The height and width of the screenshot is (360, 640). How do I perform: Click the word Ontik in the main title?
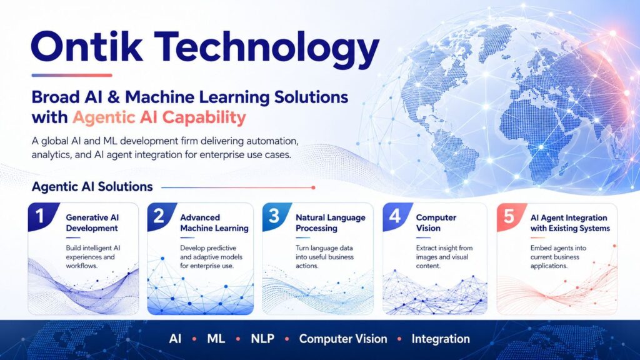[x=87, y=46]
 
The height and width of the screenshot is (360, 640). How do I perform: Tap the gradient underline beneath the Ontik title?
[x=72, y=75]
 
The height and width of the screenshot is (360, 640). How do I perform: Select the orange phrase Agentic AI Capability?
[x=159, y=117]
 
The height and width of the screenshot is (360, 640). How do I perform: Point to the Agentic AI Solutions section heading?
[x=92, y=186]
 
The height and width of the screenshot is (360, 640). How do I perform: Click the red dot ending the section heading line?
[x=313, y=187]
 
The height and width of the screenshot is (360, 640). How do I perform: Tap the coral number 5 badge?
[x=509, y=216]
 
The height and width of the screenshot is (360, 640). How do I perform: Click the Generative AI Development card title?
[x=92, y=223]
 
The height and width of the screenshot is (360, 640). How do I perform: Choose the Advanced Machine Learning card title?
[x=214, y=223]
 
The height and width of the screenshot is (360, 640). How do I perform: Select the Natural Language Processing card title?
[x=331, y=223]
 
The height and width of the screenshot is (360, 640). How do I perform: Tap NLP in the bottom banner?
[x=262, y=339]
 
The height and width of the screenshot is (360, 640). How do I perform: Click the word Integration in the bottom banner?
[x=441, y=339]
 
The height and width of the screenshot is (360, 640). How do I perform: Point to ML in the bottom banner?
[x=216, y=339]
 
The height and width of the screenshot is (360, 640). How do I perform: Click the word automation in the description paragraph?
[x=270, y=141]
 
